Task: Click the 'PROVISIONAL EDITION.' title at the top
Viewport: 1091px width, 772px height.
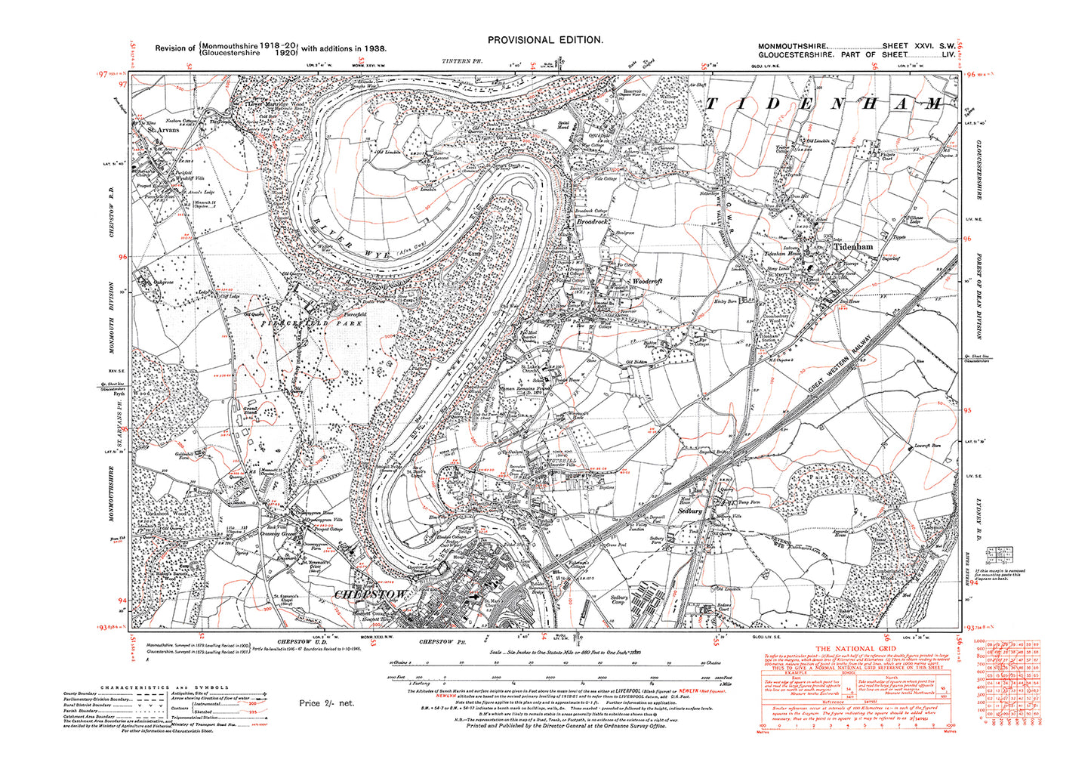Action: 544,41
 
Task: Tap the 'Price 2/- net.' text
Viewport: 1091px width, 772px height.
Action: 326,703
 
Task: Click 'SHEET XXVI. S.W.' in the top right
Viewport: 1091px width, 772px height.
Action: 911,46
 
